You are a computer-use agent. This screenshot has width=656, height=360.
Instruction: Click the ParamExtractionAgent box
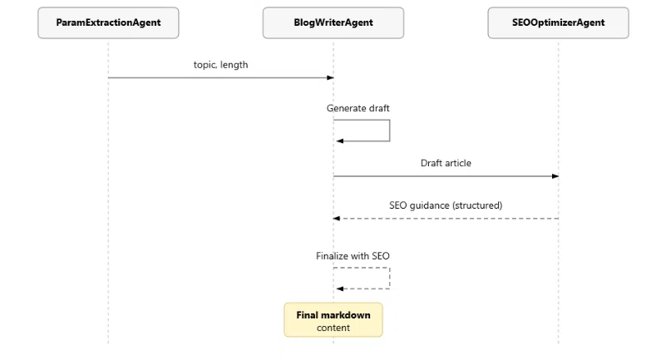pos(108,23)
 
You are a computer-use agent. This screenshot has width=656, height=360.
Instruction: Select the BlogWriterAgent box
pos(333,23)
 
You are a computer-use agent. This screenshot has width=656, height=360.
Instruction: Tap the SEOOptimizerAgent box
pos(558,23)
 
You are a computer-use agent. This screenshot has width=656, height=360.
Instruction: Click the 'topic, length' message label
pos(220,65)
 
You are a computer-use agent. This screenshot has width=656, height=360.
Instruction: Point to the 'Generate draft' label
pos(358,108)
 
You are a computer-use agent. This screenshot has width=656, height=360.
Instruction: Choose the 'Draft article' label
pos(446,163)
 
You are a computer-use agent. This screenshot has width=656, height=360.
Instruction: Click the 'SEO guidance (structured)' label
pos(446,205)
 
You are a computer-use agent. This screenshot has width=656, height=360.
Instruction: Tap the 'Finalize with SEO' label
pos(353,256)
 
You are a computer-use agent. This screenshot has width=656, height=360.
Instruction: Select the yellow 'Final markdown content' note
pos(333,320)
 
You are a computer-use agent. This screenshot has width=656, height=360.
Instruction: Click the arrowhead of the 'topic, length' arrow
pos(330,78)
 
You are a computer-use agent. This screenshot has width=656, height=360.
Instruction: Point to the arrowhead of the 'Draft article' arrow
pos(555,176)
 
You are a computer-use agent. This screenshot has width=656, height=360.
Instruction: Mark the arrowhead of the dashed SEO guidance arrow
pos(337,219)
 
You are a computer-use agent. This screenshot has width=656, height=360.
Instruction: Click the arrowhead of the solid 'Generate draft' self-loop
pos(340,141)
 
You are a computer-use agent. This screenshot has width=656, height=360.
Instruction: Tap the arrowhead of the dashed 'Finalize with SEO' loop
pos(340,289)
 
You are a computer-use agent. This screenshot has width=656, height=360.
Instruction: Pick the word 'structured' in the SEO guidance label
pos(477,205)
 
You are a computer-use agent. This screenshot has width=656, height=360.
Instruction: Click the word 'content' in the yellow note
pos(333,328)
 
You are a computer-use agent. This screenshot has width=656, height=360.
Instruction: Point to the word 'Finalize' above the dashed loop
pos(332,256)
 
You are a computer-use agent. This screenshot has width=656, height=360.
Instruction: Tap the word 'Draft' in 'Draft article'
pos(431,163)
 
